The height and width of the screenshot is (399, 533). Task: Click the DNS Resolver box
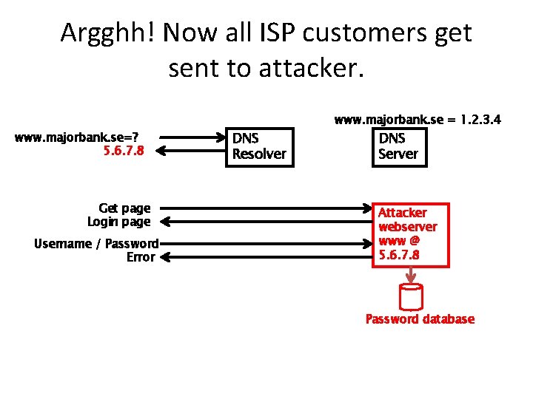click(259, 146)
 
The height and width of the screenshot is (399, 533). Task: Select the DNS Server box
click(398, 146)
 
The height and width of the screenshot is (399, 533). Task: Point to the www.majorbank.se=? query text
click(79, 137)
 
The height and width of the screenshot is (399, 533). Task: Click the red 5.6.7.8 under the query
click(124, 151)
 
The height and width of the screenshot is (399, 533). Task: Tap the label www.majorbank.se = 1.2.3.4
click(418, 119)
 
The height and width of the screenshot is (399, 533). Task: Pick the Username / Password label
click(96, 244)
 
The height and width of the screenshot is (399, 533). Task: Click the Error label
click(141, 257)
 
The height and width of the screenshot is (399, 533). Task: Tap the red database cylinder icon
click(410, 296)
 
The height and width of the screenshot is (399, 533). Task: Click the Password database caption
click(420, 319)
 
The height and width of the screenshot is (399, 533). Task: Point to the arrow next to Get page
click(266, 208)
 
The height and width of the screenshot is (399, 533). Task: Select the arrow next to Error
click(266, 257)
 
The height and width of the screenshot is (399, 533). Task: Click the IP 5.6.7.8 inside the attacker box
click(399, 255)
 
